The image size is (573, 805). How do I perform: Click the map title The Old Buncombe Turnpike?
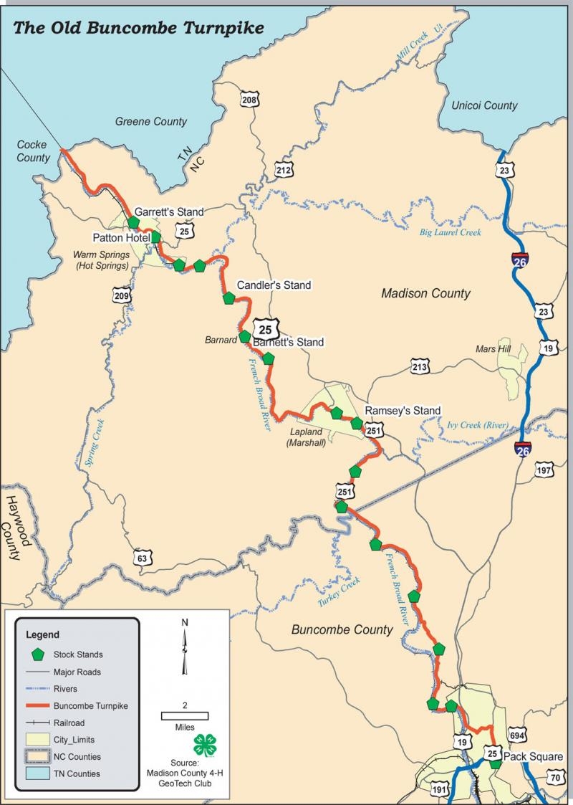tap(139, 28)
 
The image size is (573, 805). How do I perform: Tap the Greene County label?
tap(151, 122)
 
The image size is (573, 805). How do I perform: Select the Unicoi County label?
tap(484, 105)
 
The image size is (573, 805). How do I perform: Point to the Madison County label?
tap(425, 293)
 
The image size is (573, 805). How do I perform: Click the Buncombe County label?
tap(342, 629)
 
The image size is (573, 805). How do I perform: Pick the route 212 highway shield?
tap(284, 170)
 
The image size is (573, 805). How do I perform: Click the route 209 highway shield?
tap(122, 295)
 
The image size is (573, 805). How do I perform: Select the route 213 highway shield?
tap(420, 368)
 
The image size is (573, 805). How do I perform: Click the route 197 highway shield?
tap(546, 470)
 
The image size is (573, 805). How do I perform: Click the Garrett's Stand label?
tap(169, 211)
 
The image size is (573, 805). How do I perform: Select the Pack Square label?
tap(533, 756)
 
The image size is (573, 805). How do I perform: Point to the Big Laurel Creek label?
tap(451, 232)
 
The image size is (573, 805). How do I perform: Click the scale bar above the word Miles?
tap(185, 715)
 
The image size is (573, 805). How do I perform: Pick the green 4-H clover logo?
tap(203, 743)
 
